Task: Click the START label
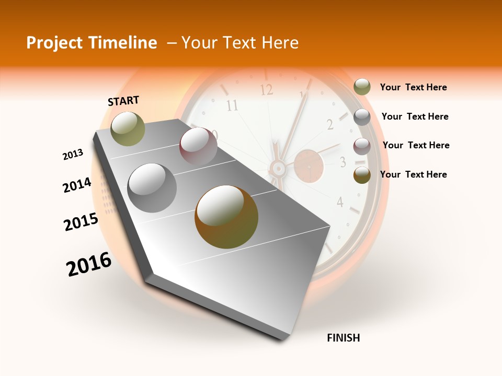pyautogui.click(x=123, y=101)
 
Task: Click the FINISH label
pyautogui.click(x=344, y=338)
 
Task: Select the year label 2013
pyautogui.click(x=73, y=155)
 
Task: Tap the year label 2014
pyautogui.click(x=77, y=185)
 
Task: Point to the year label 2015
pyautogui.click(x=81, y=222)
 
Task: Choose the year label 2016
pyautogui.click(x=89, y=264)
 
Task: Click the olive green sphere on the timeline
pyautogui.click(x=128, y=128)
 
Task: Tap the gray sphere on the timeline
pyautogui.click(x=152, y=188)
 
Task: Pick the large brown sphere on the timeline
pyautogui.click(x=226, y=217)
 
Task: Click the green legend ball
pyautogui.click(x=362, y=87)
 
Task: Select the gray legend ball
pyautogui.click(x=362, y=117)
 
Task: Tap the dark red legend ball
pyautogui.click(x=362, y=146)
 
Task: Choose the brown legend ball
pyautogui.click(x=362, y=175)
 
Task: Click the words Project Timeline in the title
pyautogui.click(x=92, y=43)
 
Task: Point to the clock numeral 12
pyautogui.click(x=267, y=90)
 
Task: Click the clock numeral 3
pyautogui.click(x=343, y=162)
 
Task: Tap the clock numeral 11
pyautogui.click(x=232, y=106)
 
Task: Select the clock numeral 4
pyautogui.click(x=340, y=202)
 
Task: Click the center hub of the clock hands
pyautogui.click(x=278, y=168)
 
